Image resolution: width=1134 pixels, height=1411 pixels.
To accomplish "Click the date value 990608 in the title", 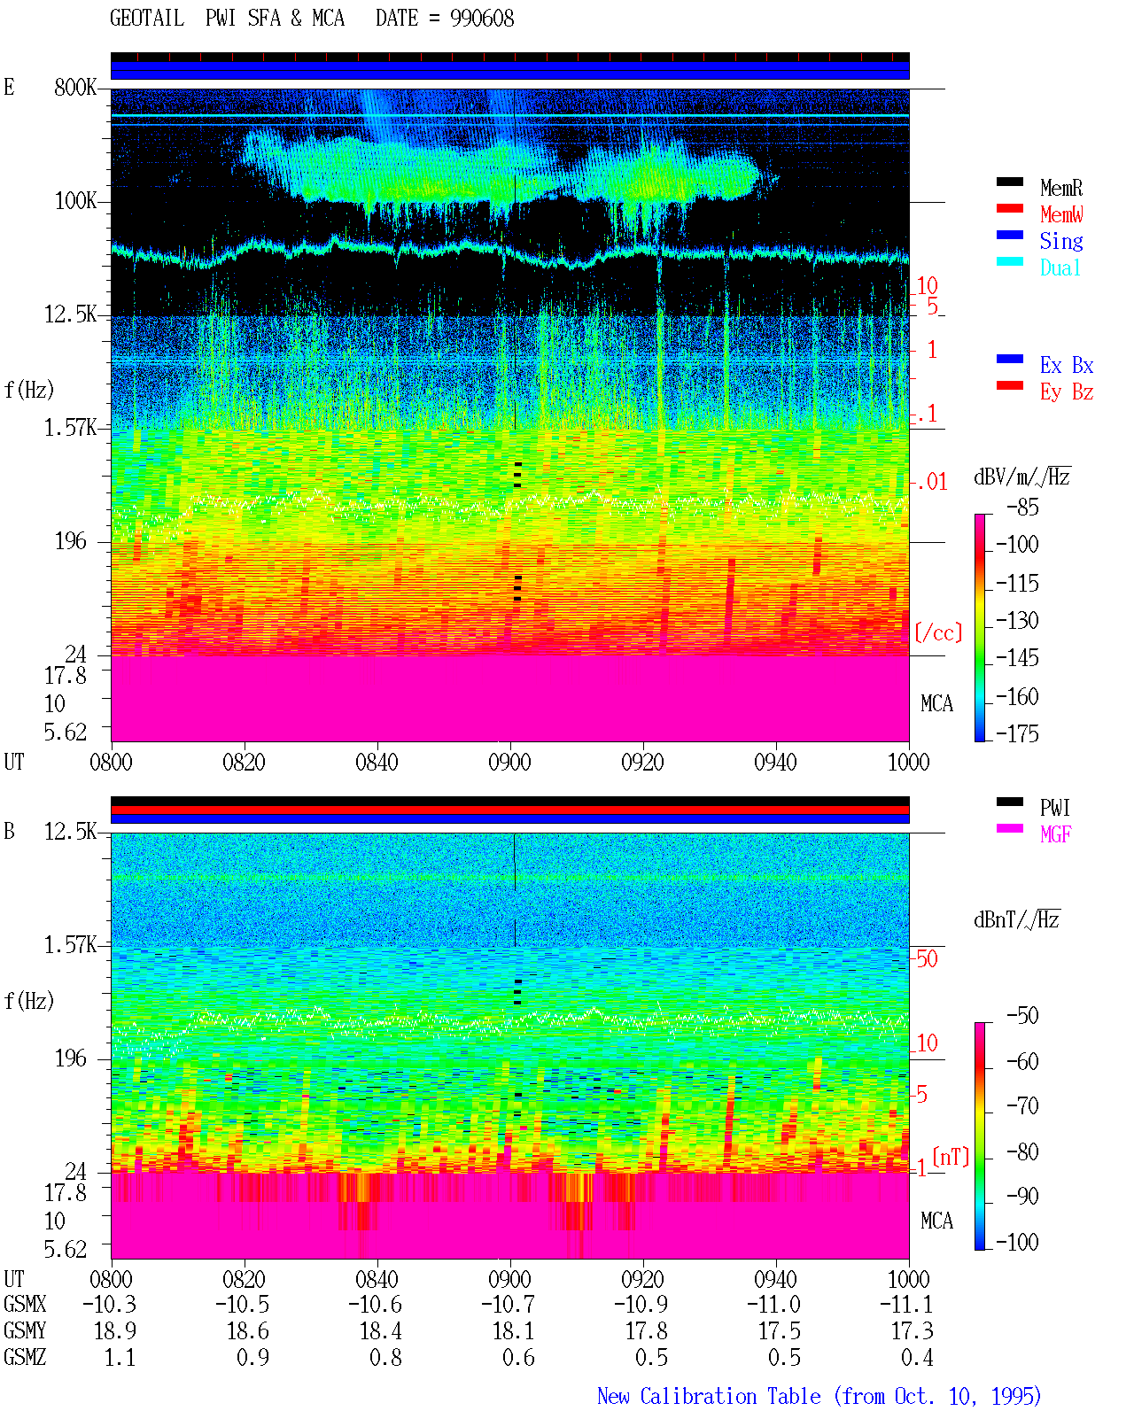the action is pos(482,19).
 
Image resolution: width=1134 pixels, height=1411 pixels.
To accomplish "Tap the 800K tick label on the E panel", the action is pos(75,87).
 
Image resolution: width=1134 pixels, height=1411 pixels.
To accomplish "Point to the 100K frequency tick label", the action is pos(75,201).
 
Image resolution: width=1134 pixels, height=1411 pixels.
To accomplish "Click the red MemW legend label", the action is pos(1061,214).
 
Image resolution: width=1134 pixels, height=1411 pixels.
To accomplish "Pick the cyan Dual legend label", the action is pos(1060,267).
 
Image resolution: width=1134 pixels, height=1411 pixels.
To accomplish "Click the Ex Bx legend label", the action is pos(1067,365).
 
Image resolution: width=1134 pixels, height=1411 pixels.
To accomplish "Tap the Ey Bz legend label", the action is pos(1067,392).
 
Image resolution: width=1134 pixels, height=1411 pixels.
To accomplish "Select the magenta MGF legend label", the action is pos(1055,834).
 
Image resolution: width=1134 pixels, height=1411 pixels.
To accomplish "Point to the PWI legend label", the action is pos(1054,807).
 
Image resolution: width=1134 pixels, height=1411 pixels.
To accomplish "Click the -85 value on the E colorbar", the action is pos(1022,507).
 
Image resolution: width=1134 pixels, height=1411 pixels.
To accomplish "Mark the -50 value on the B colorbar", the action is pos(1022,1016).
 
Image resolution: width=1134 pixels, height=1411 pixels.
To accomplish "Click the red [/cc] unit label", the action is pos(938,632).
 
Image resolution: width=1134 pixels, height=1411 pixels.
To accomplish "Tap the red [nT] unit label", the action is pos(951,1157).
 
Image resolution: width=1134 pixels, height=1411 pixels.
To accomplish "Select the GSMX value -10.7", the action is pos(508,1305).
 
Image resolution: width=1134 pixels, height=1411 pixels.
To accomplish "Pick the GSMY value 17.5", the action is pos(780,1331).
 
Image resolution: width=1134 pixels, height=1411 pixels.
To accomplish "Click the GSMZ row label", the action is pos(25,1357).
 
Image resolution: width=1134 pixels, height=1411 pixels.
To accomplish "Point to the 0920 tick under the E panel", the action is pos(643,763).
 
